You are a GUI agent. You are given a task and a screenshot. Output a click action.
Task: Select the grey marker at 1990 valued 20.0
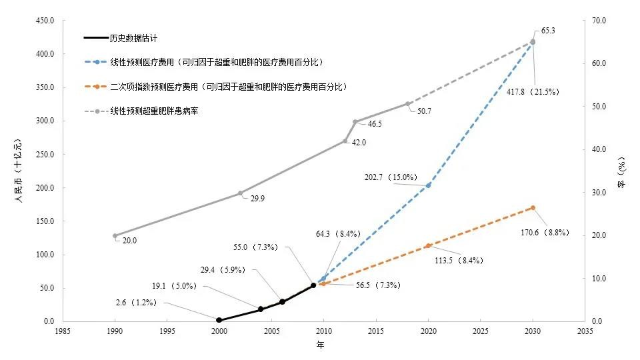(115, 236)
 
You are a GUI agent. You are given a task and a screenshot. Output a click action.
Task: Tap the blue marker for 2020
(428, 185)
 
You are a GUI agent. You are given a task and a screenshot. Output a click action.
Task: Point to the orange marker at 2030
(532, 207)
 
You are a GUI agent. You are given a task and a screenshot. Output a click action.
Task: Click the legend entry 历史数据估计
(133, 39)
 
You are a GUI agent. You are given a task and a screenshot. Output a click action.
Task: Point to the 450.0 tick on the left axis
(45, 21)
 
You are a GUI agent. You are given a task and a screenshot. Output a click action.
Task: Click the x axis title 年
(320, 345)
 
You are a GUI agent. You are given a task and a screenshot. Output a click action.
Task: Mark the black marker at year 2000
(219, 320)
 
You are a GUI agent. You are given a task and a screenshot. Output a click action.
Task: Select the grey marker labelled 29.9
(241, 193)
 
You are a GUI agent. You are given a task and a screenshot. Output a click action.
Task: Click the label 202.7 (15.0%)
(391, 177)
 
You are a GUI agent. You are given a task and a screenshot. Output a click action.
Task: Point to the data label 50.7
(424, 111)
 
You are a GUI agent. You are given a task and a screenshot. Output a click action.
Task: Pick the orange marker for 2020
(428, 246)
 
